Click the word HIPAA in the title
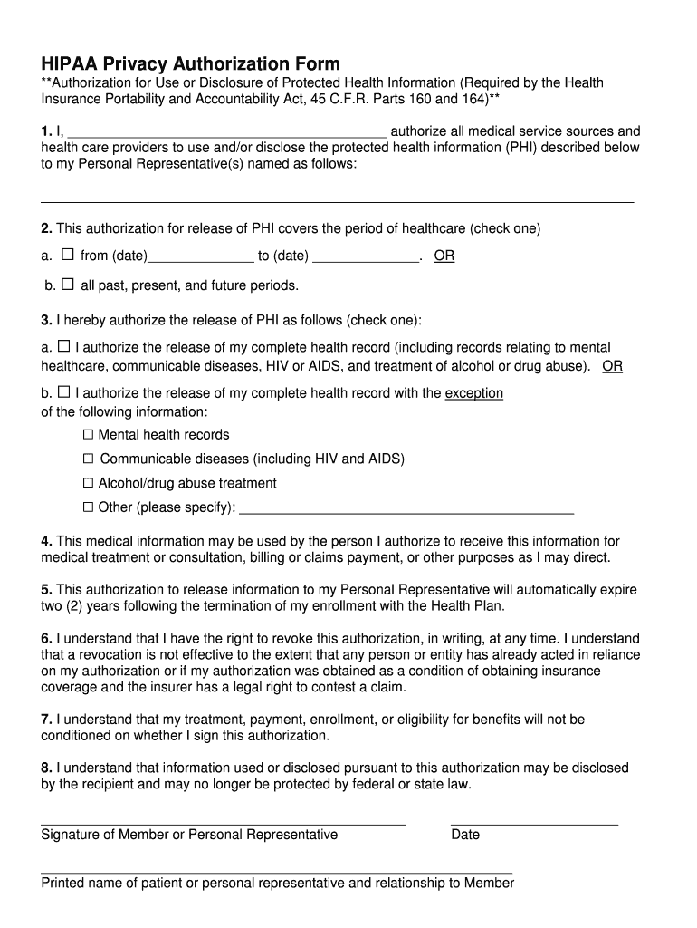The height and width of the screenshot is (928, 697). coord(69,63)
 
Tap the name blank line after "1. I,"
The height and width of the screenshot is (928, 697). coord(227,133)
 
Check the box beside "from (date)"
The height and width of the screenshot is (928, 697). coord(68,256)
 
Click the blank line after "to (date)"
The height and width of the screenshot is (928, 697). coord(366,259)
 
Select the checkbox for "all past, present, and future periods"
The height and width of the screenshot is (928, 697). coord(68,285)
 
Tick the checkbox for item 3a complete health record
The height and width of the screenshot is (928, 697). coord(63,346)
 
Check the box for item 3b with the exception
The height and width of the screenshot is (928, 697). coord(63,392)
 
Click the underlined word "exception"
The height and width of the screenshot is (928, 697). coord(473,393)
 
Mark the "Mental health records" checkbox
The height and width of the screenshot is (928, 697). coord(89,435)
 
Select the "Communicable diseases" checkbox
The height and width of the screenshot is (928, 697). coord(89,459)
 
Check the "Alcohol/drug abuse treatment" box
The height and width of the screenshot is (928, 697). coord(89,483)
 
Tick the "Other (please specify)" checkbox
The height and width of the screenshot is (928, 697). coord(89,507)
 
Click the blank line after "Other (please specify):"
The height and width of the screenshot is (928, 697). coord(406,511)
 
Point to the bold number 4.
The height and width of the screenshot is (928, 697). coord(45,541)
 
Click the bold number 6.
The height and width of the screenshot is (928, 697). coord(45,638)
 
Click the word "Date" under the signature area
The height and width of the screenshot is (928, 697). coord(465,834)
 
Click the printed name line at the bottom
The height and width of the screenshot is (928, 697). coord(276,873)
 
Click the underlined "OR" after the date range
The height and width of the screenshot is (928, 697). coord(444,256)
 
